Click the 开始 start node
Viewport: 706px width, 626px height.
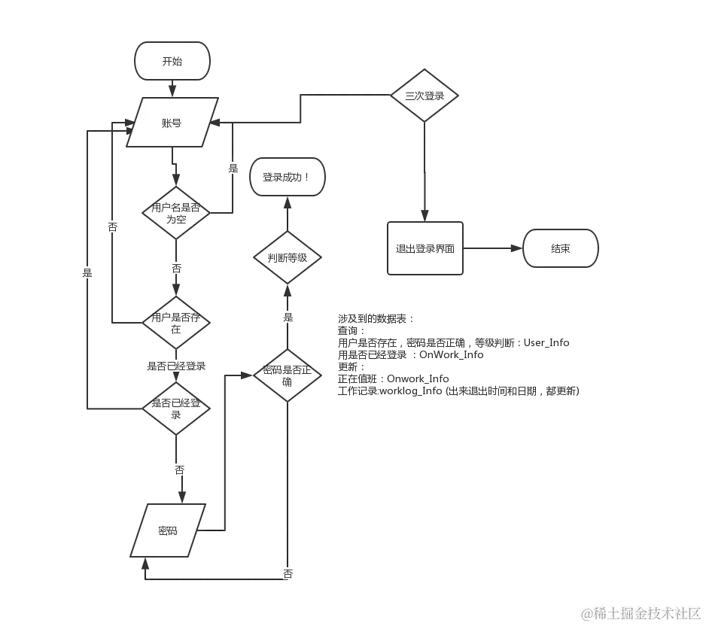[172, 62]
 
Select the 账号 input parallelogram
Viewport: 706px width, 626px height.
[172, 123]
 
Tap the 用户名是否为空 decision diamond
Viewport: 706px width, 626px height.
[176, 214]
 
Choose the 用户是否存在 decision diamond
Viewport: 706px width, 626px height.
[176, 324]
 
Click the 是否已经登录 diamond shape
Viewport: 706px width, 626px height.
[176, 409]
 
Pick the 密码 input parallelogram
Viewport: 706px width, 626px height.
[168, 531]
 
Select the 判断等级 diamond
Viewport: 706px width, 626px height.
[287, 257]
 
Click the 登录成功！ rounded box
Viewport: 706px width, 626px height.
[285, 178]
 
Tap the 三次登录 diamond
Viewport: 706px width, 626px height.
[425, 96]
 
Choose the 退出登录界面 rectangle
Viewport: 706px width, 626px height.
[425, 248]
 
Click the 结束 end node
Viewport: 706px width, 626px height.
[560, 248]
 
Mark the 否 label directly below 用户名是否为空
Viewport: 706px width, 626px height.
[176, 268]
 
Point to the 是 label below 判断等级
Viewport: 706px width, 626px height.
[288, 318]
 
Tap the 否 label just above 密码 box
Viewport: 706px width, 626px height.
[180, 469]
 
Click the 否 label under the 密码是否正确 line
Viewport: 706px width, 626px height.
[288, 573]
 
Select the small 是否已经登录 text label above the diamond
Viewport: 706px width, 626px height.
[176, 366]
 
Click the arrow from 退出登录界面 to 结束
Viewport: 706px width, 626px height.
[493, 248]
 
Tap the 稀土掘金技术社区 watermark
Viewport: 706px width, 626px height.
[640, 611]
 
